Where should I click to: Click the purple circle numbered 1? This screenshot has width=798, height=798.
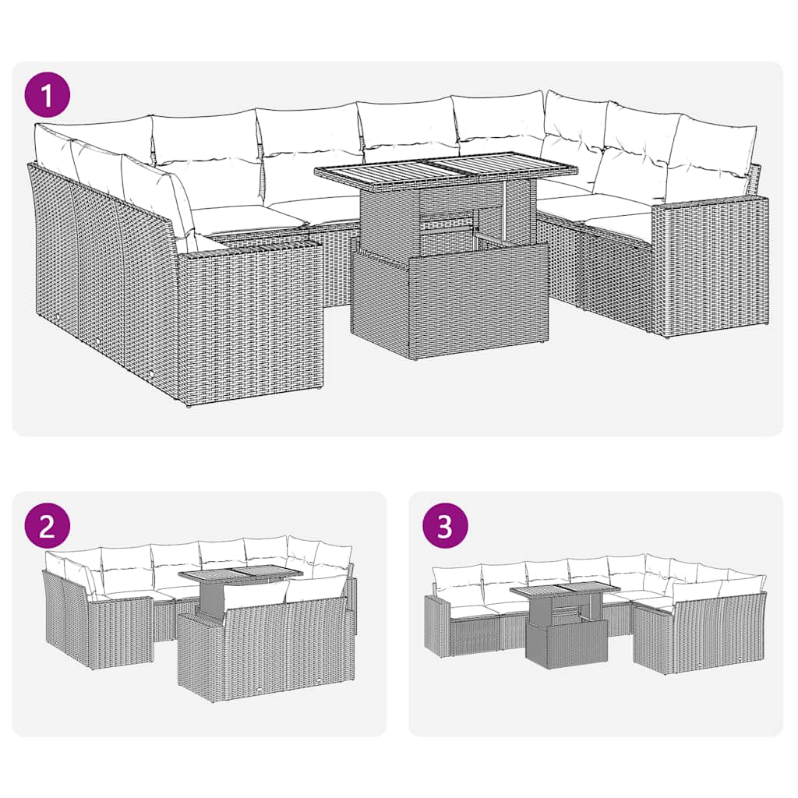[48, 96]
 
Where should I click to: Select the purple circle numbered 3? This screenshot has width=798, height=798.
[444, 525]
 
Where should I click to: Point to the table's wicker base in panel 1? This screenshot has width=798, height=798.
[450, 304]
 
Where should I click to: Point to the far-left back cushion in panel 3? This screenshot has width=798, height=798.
[456, 578]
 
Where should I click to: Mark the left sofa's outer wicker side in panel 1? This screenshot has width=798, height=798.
[101, 273]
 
